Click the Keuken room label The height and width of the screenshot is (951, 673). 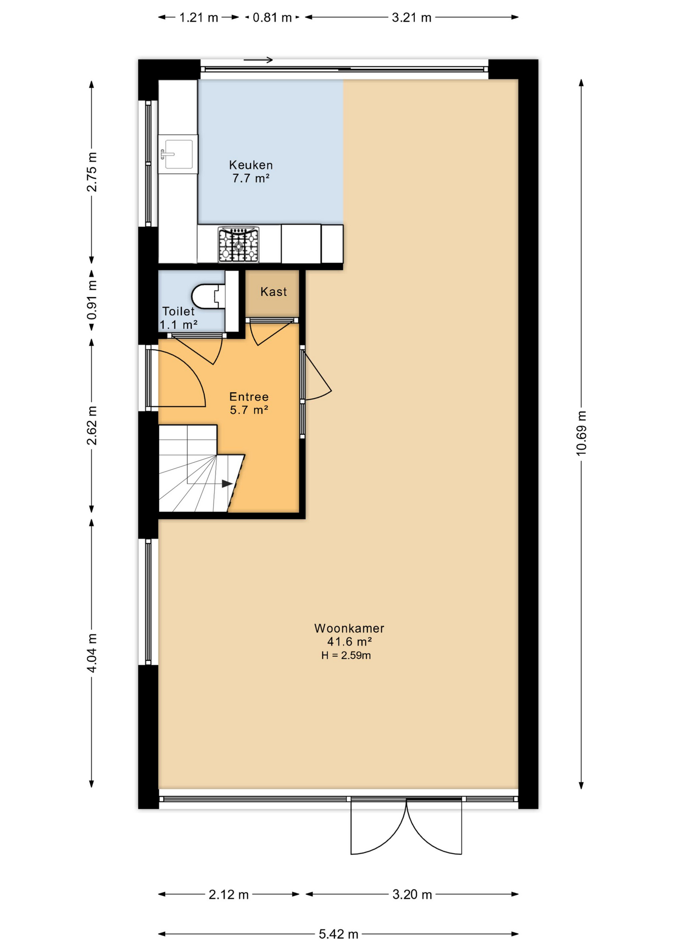point(251,165)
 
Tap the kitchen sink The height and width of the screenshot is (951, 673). point(178,154)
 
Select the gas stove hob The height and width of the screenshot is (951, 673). point(239,245)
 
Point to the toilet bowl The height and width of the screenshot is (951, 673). point(208,296)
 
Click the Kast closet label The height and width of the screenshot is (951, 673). point(274,292)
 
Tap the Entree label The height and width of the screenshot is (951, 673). point(249,397)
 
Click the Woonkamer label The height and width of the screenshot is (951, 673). point(349,628)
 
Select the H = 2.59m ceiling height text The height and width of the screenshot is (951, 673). point(346,655)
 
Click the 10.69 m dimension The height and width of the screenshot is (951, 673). point(581,433)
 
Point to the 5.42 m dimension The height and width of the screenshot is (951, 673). point(338,934)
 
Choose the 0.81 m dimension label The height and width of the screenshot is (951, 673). point(273,18)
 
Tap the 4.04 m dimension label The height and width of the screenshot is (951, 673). point(92,653)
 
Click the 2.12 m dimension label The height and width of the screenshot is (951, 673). point(228,894)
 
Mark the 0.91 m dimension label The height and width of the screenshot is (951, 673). point(92,300)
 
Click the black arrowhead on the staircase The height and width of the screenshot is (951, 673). point(227,483)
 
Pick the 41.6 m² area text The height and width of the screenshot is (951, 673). point(349,641)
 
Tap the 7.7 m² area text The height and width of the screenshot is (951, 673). point(251,178)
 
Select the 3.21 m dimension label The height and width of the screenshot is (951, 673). point(411,18)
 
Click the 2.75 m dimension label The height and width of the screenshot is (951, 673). point(92,171)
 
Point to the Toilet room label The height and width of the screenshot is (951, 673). point(178,311)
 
